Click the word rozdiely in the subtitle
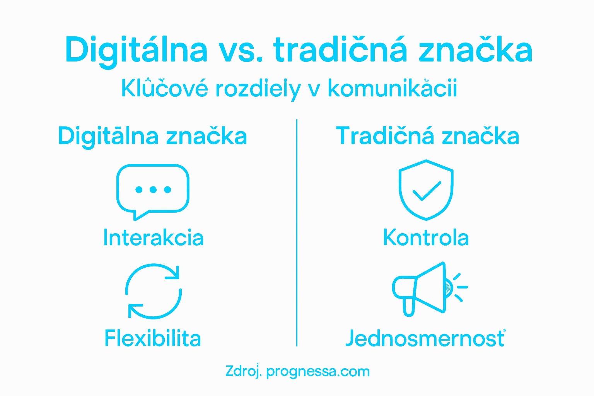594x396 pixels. [x=258, y=89]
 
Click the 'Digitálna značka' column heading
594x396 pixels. [x=152, y=136]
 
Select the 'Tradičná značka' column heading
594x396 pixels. [x=427, y=136]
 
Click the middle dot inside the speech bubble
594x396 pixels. [x=153, y=189]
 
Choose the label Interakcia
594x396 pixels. [x=153, y=237]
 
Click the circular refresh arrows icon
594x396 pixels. [x=154, y=291]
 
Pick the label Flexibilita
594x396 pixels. [x=153, y=338]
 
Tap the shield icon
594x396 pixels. [x=426, y=189]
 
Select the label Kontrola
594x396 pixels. [x=426, y=237]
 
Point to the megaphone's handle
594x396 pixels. [x=409, y=306]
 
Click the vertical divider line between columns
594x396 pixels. [x=297, y=232]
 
